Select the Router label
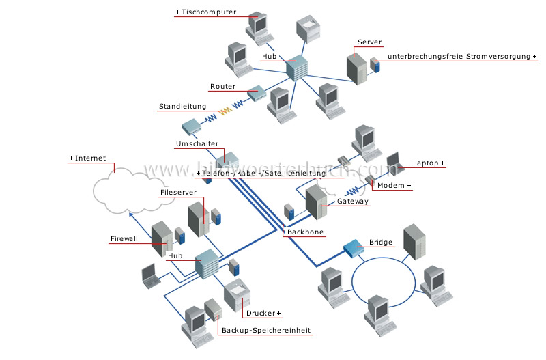[222, 87]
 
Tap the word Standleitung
[182, 107]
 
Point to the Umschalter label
[197, 145]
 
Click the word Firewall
[124, 239]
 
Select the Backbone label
[305, 232]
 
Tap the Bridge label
[381, 242]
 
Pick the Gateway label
[353, 202]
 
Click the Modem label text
[394, 186]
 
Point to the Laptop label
[427, 163]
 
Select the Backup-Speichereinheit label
[265, 331]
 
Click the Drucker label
[261, 314]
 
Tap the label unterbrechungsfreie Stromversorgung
[461, 56]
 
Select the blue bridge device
[354, 248]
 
